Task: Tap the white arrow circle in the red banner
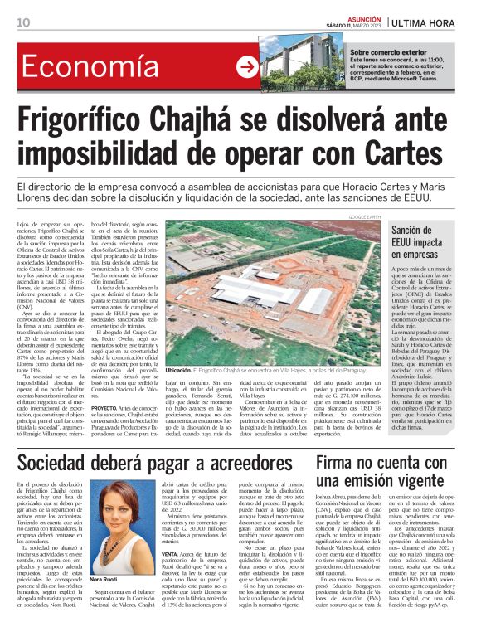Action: (x=247, y=68)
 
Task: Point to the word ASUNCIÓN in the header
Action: (x=357, y=17)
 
